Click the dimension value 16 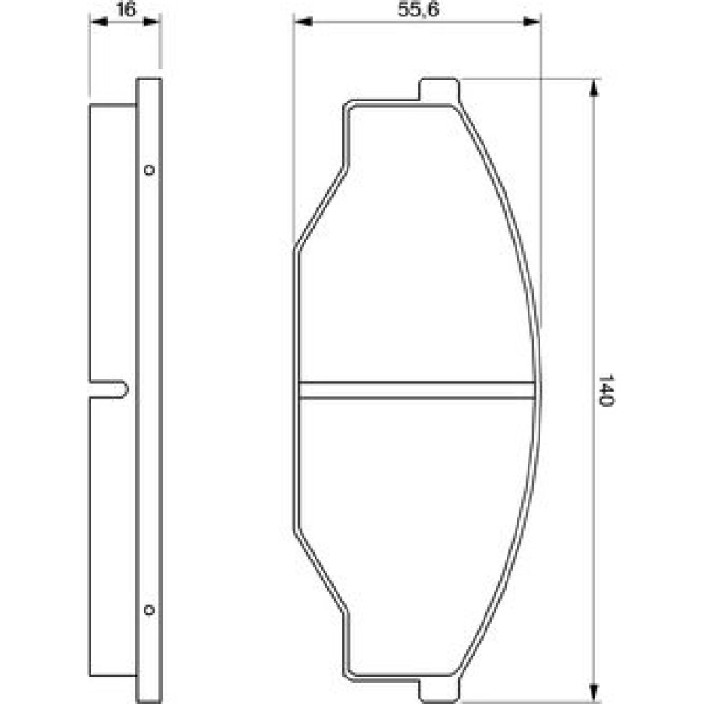pyautogui.click(x=125, y=9)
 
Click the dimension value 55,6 pyautogui.click(x=418, y=9)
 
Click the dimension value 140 pyautogui.click(x=605, y=389)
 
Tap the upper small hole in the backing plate pyautogui.click(x=149, y=170)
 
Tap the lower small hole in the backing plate pyautogui.click(x=149, y=610)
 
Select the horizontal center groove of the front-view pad pyautogui.click(x=417, y=390)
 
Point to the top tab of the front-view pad pyautogui.click(x=439, y=89)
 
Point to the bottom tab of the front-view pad pyautogui.click(x=439, y=690)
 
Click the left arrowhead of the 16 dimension pyautogui.click(x=99, y=21)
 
